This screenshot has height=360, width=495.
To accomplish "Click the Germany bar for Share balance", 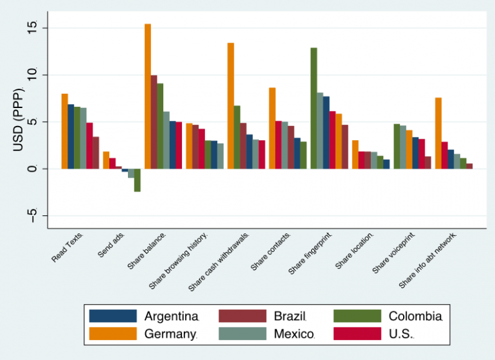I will point(148,96).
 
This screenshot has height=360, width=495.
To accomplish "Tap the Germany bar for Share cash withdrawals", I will point(231,105).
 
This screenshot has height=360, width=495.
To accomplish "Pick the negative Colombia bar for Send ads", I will point(138,180).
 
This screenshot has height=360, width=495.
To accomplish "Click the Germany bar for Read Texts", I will point(65,131).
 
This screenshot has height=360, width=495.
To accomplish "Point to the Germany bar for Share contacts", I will point(272,128).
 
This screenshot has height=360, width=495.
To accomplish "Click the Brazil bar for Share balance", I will point(154,122).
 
